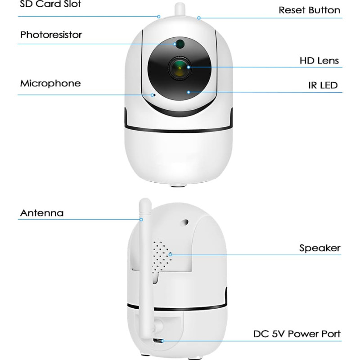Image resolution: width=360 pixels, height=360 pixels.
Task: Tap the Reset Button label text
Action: coord(309,10)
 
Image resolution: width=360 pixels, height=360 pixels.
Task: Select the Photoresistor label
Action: coord(51,35)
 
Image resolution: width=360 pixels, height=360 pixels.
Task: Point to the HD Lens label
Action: coord(319,60)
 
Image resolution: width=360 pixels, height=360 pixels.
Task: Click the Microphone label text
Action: coord(50,83)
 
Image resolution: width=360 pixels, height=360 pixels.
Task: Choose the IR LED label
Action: coord(323,85)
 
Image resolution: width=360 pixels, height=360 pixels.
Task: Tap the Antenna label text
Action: coord(42,212)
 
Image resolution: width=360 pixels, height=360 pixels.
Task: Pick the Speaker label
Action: coord(319,248)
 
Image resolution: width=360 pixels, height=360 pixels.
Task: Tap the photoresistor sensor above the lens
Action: coord(179,44)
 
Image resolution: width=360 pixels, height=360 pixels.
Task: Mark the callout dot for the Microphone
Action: coord(153,95)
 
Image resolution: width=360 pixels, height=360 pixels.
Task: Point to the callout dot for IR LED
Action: coord(189,92)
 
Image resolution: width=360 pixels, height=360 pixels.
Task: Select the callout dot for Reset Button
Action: coord(198,18)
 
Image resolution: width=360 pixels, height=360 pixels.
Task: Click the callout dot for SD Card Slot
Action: coord(159,17)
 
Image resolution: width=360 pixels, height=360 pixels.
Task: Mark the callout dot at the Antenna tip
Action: coord(141,220)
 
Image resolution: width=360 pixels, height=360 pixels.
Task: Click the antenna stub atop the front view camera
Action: coord(179,11)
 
